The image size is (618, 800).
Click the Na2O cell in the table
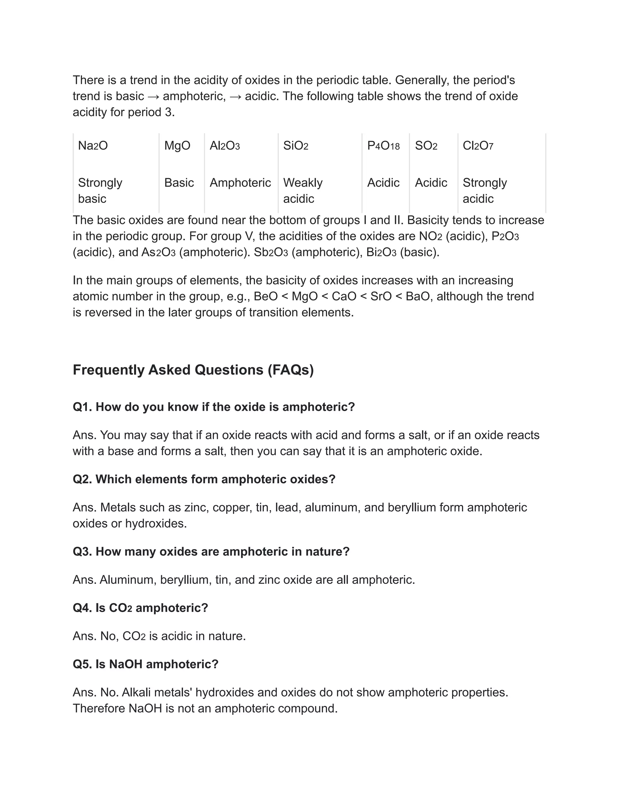coord(93,146)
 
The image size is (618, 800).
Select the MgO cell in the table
coord(177,146)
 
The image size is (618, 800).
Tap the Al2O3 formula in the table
coord(225,146)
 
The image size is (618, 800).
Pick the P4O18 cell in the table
coord(383,146)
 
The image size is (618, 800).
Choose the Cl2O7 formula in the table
coord(478,146)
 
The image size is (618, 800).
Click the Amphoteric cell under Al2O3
coord(240,182)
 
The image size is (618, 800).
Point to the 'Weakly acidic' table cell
coord(303,190)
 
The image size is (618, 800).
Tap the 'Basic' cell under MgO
coord(179,182)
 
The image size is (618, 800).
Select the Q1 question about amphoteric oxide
coord(214,407)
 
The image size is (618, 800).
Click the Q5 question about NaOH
coord(145,664)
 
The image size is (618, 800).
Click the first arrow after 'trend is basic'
coord(153,96)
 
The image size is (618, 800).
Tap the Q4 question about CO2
coord(140,608)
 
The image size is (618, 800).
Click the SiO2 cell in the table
coord(295,146)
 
